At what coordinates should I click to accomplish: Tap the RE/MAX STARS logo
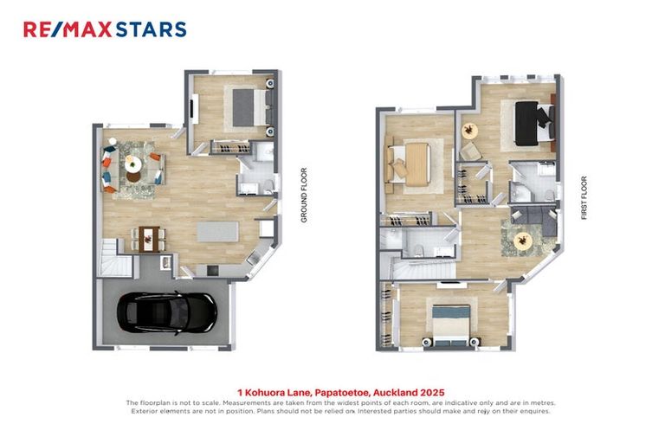(105, 29)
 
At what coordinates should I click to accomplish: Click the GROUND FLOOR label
(304, 196)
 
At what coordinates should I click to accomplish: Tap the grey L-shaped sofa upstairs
(530, 218)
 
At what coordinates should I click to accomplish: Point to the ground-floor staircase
(112, 256)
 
